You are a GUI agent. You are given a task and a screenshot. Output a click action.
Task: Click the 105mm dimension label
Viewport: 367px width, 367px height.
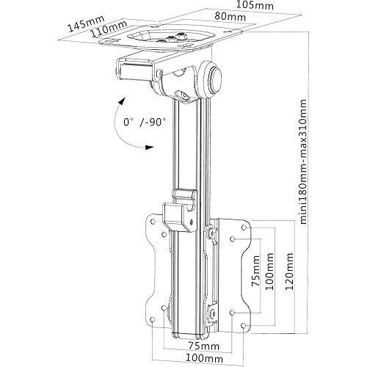255,5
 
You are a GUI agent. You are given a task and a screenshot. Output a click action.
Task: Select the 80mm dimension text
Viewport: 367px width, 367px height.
230,17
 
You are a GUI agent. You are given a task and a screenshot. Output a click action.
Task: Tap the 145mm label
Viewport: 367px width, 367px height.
86,23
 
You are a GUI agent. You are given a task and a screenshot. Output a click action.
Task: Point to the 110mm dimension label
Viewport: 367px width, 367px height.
109,29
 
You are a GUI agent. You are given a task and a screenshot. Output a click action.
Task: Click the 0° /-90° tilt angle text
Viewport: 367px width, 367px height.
145,122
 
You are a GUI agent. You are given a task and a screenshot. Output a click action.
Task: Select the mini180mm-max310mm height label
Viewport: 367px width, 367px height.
302,161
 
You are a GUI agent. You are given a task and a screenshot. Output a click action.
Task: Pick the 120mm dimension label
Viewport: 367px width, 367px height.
288,272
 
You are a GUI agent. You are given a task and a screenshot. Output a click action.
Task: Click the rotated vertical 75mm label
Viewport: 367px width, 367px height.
255,271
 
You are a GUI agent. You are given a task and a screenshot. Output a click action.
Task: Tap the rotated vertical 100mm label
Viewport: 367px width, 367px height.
269,272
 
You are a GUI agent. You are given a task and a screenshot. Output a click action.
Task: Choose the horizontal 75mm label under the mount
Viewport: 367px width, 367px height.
204,346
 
